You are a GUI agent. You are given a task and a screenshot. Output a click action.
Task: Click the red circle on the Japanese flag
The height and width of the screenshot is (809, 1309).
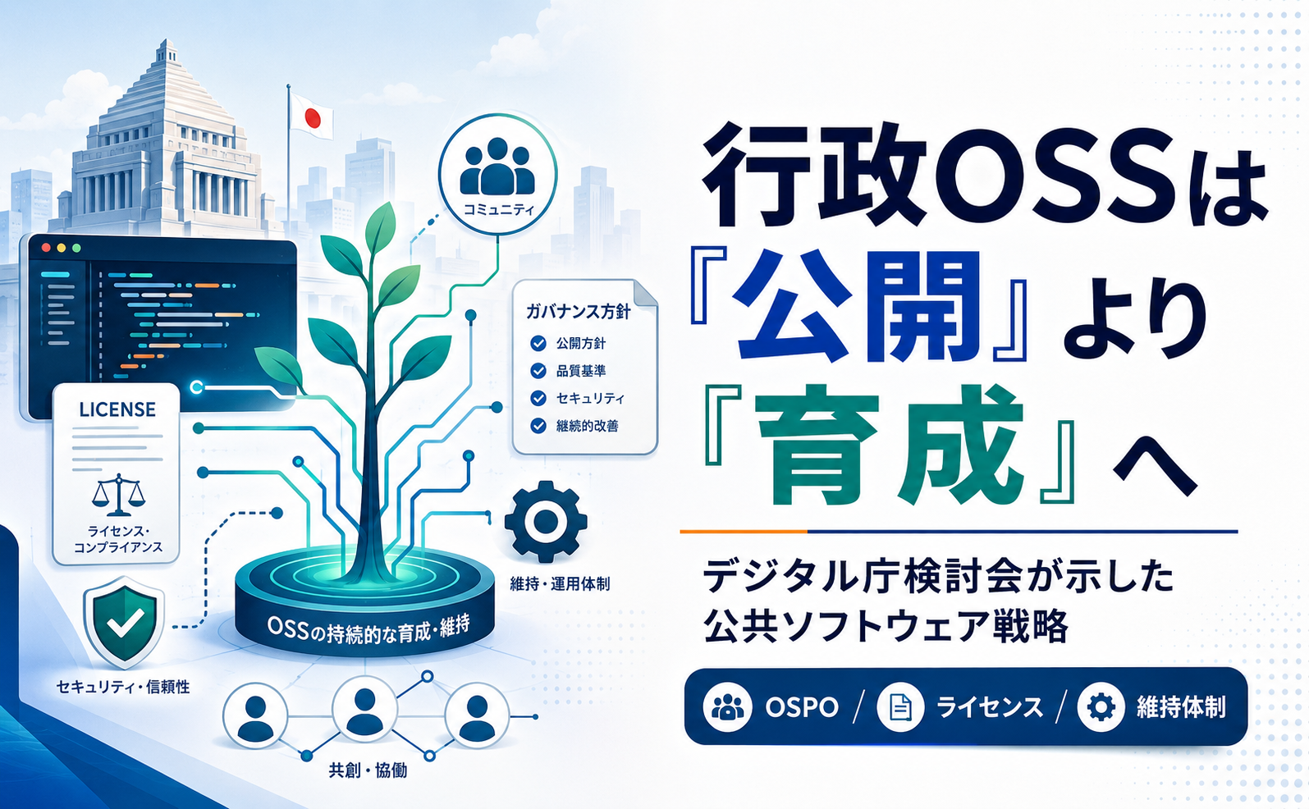[313, 118]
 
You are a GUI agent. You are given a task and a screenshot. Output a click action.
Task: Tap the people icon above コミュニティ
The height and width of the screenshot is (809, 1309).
[497, 167]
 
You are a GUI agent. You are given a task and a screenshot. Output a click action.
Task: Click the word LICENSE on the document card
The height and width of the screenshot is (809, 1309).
[117, 409]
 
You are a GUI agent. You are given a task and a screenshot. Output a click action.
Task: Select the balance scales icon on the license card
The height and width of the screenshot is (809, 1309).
[119, 495]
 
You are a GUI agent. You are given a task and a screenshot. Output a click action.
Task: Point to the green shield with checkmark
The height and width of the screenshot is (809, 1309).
[124, 623]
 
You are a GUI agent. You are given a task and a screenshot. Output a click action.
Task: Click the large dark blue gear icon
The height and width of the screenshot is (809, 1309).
[546, 522]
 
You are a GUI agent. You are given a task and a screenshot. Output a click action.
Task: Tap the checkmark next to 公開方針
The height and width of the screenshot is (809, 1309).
[538, 344]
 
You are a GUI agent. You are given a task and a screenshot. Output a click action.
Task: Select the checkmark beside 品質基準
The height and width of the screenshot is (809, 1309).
[538, 371]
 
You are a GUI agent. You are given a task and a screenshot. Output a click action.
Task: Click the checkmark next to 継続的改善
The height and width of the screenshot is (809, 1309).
[538, 426]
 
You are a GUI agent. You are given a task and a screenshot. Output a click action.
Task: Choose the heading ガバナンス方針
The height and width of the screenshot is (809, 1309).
[579, 312]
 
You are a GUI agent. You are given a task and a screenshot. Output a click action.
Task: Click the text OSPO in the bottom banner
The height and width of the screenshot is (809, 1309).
[802, 707]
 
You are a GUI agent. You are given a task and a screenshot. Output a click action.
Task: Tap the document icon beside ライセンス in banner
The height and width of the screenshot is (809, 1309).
[900, 707]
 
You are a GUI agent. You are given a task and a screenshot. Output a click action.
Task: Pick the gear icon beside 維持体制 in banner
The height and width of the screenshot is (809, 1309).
[1101, 707]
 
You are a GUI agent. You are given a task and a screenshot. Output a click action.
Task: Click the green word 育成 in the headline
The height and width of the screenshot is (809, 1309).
[889, 445]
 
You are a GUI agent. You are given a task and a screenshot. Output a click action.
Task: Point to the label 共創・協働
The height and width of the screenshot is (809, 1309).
[368, 770]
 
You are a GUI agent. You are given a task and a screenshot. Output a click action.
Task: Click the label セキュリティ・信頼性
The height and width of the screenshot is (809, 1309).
[123, 687]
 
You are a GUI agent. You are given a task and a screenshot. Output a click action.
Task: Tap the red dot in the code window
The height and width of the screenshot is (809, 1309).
[46, 249]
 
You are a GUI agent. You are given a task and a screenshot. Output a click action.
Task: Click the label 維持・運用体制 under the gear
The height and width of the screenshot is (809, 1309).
[560, 583]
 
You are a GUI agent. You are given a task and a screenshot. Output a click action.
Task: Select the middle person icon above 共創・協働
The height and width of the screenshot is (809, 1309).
[364, 710]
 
